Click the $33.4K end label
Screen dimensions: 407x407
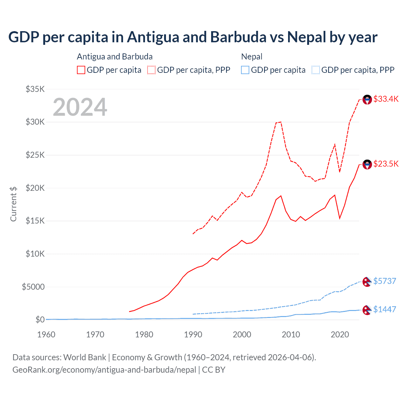pos(386,99)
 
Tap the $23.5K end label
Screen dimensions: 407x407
pos(386,164)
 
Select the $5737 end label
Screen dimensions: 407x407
pos(384,281)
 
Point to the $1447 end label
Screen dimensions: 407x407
pos(384,309)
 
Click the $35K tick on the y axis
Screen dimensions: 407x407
pos(35,89)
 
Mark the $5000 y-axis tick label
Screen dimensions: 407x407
pos(33,287)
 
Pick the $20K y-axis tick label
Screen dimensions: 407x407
pos(35,188)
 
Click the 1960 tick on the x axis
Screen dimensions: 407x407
pos(46,335)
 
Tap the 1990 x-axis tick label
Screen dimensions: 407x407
pos(193,335)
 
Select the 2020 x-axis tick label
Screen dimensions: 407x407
pos(340,335)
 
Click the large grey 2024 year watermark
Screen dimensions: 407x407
pos(80,107)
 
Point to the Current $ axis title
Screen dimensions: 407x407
pos(13,204)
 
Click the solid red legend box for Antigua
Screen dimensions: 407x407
pos(81,70)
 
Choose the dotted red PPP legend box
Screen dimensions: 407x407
pos(151,70)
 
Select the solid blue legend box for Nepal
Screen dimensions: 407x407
pos(245,70)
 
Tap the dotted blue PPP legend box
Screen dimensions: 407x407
pos(316,70)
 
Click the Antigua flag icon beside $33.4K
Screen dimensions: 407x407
pos(367,100)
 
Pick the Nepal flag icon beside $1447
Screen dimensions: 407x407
pos(367,310)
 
